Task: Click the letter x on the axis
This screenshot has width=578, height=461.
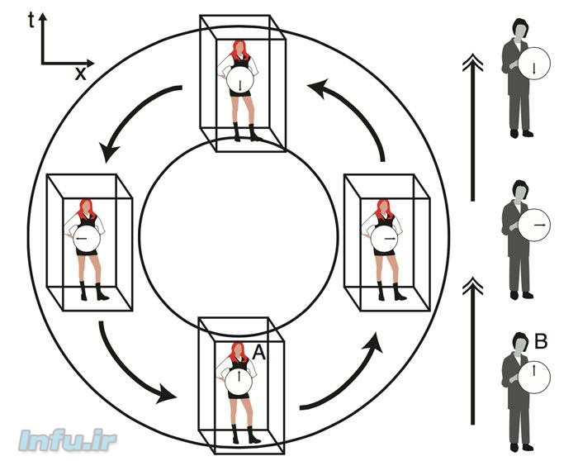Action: (x=80, y=74)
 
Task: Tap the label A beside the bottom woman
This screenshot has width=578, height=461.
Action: (x=258, y=354)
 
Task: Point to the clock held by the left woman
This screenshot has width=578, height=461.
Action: (x=84, y=240)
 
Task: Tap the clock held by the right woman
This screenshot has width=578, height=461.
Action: (x=384, y=240)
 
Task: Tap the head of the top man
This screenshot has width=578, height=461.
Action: (x=519, y=28)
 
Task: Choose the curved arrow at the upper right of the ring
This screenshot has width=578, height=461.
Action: (x=353, y=108)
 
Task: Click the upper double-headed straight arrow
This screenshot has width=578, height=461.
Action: (x=471, y=124)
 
